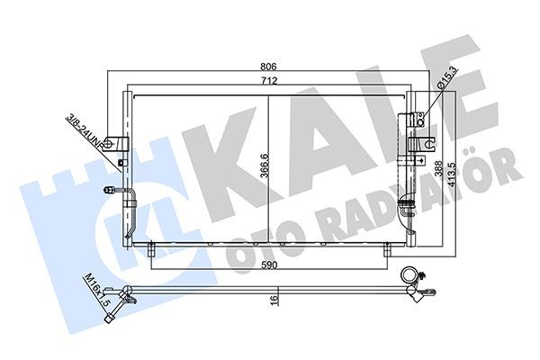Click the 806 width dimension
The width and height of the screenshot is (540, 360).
click(269, 67)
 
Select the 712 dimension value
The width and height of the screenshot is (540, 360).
click(269, 81)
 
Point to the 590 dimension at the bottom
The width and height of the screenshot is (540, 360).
click(269, 266)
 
